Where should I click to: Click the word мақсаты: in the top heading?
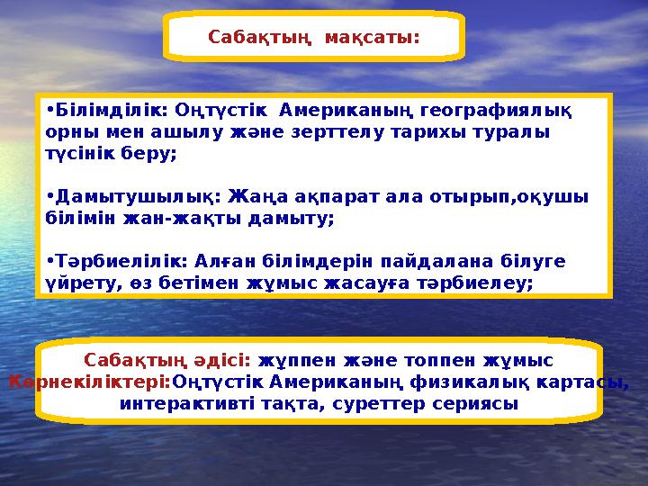pyautogui.click(x=373, y=39)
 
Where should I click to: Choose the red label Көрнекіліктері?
pyautogui.click(x=89, y=382)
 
